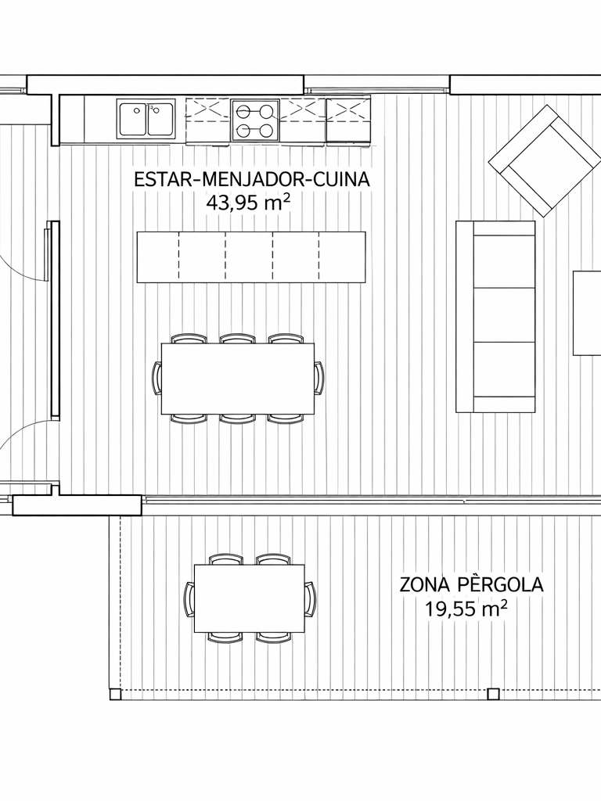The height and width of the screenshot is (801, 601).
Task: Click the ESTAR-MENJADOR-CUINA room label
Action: [251, 180]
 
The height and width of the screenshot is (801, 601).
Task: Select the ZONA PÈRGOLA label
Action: [471, 584]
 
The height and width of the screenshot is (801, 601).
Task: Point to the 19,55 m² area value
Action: [466, 609]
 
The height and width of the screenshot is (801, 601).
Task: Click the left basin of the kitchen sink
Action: [133, 119]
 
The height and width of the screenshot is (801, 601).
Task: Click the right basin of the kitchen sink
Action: [160, 119]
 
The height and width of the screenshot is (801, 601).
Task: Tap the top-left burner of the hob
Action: [244, 110]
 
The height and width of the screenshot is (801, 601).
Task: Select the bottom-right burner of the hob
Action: [266, 131]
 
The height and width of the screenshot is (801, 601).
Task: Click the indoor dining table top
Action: [238, 378]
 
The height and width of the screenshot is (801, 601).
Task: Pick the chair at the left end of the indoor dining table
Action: [157, 378]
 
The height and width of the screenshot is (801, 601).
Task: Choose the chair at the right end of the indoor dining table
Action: [319, 378]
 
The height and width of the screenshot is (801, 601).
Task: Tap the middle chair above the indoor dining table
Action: [238, 339]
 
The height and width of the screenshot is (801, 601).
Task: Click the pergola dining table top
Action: [250, 598]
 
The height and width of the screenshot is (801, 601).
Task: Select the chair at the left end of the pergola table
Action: [189, 598]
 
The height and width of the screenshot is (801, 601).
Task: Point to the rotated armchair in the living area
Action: [545, 161]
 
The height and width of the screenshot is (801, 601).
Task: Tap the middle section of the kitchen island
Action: [249, 257]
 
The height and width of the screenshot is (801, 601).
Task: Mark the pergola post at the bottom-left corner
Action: [116, 695]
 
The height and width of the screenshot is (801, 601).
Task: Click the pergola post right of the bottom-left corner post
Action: [493, 695]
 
